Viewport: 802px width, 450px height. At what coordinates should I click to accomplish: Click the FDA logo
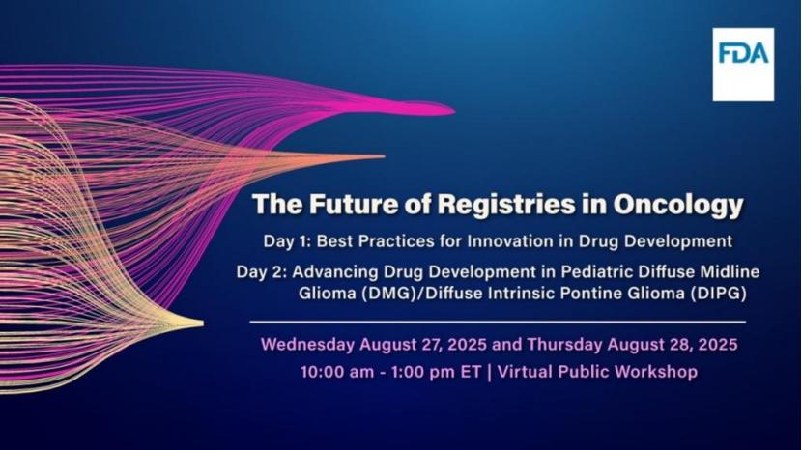coord(743,65)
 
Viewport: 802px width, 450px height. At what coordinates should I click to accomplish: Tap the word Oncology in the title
coord(678,206)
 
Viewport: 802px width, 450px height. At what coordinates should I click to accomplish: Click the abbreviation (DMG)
coord(387,294)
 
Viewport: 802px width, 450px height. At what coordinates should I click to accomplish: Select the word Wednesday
coord(307,344)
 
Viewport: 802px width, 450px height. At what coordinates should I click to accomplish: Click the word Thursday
coord(564,344)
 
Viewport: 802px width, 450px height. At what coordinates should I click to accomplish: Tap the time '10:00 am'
coord(337,371)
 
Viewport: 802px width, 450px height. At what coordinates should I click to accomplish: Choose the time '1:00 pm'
coord(423,372)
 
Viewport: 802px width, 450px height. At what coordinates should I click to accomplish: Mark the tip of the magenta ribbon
coord(454,109)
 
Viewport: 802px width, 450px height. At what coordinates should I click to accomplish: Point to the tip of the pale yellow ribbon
coord(203,323)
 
